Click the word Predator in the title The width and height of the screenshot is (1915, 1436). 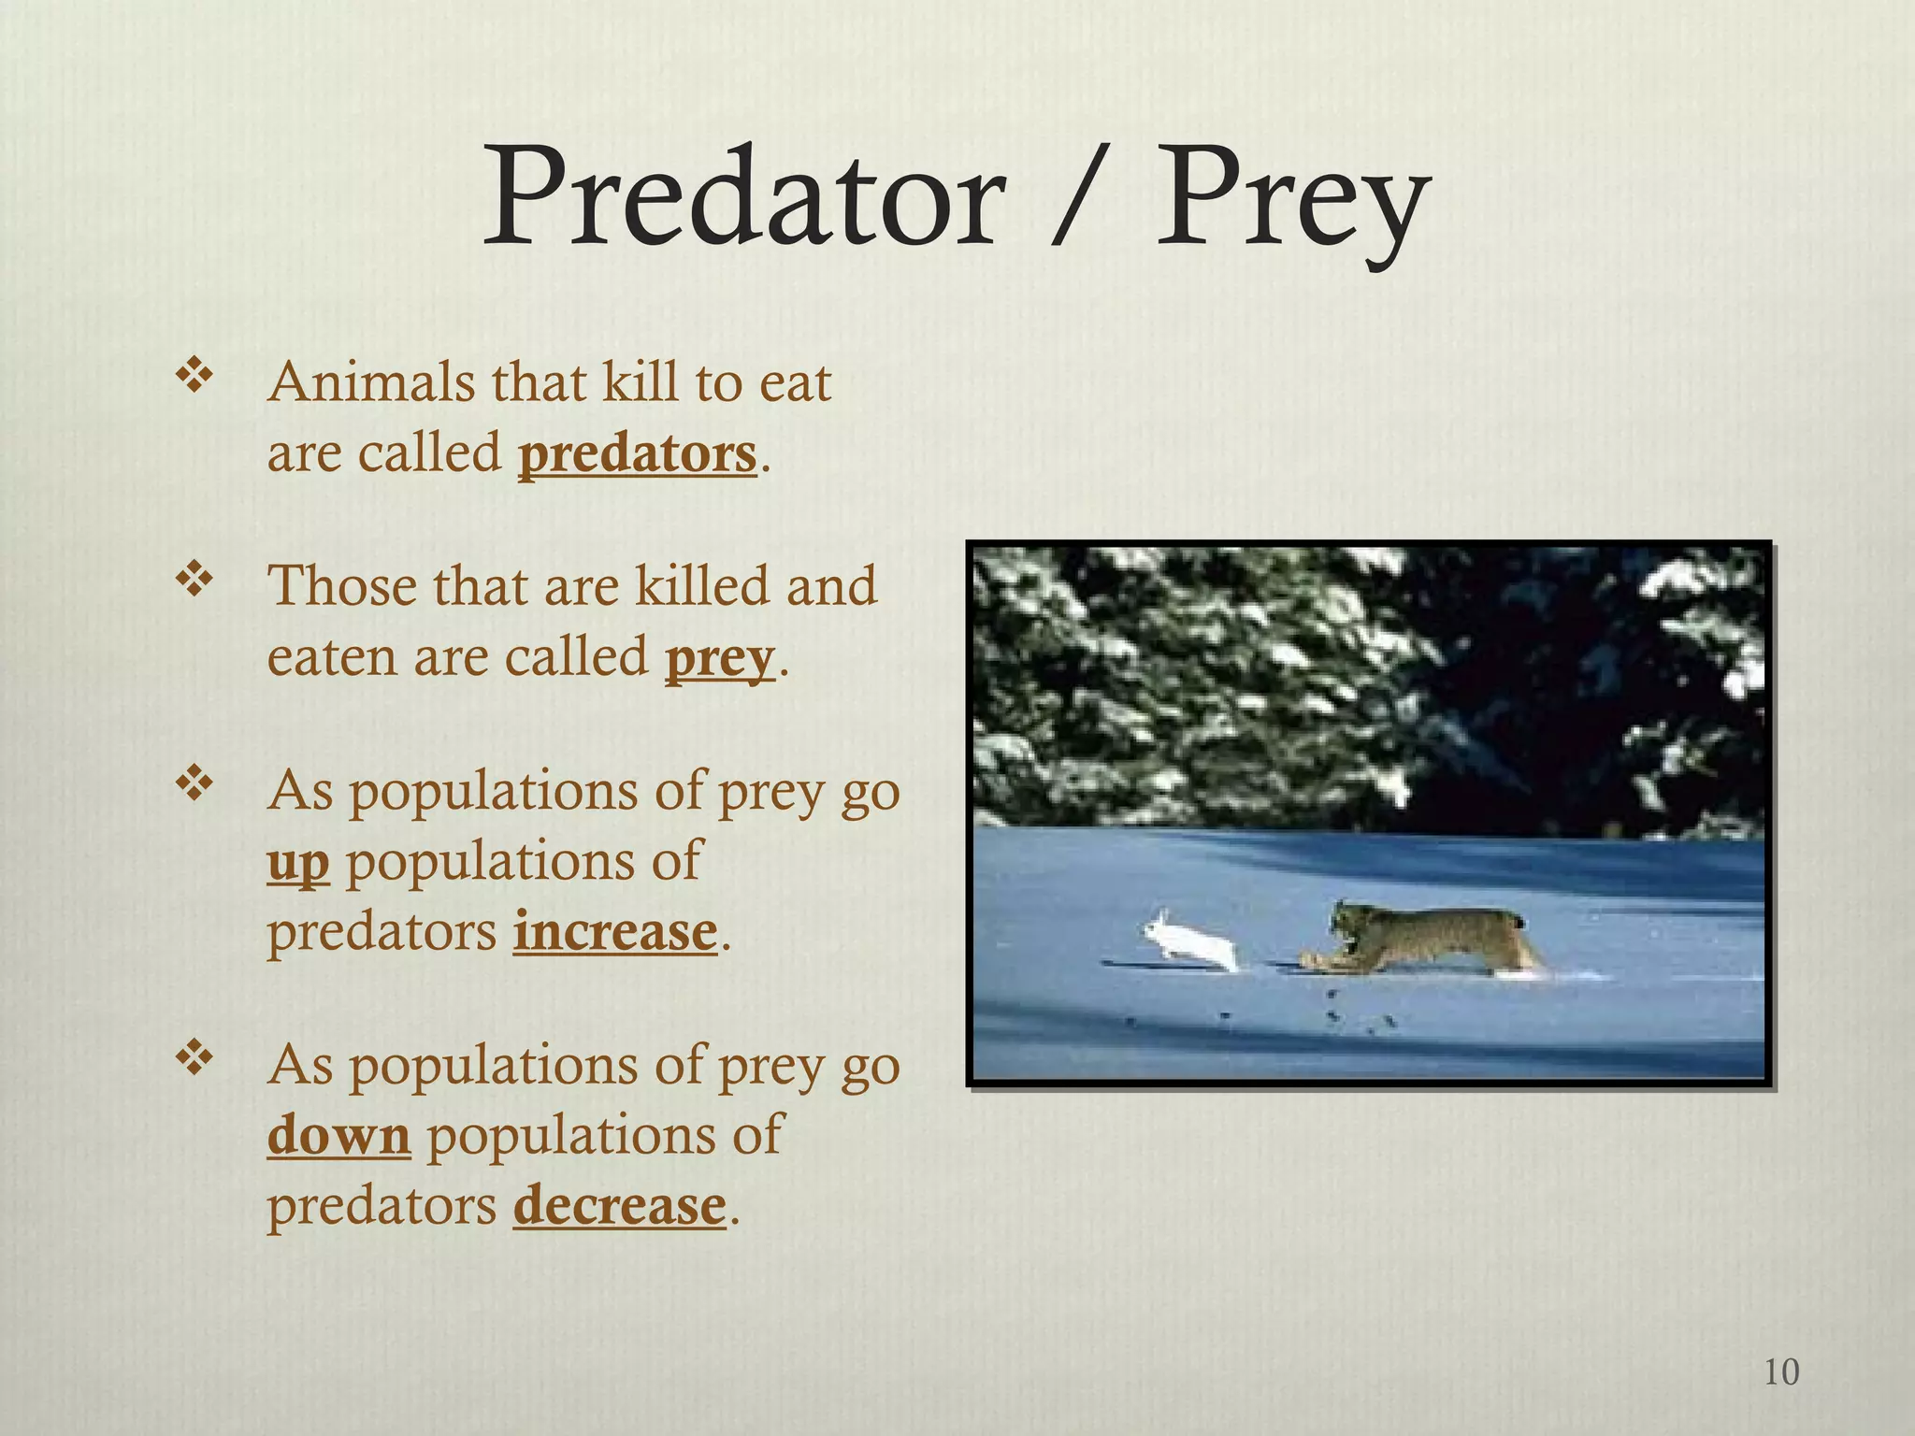point(743,199)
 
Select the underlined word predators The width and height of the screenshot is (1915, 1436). point(637,454)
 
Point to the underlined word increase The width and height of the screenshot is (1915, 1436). point(615,932)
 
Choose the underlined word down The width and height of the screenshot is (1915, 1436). point(338,1135)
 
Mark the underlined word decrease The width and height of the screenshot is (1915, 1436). point(619,1205)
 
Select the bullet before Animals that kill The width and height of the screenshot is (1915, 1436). point(194,378)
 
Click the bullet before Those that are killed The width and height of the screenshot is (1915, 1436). point(194,581)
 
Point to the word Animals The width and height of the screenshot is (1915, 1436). point(371,383)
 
